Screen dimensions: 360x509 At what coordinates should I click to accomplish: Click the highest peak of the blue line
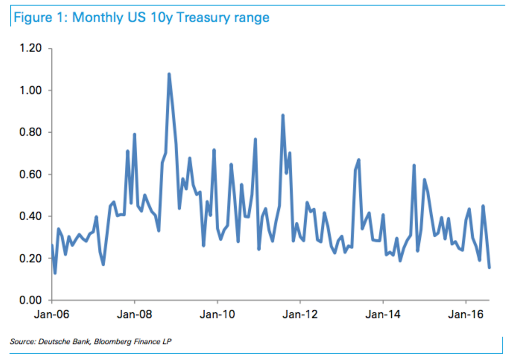point(169,74)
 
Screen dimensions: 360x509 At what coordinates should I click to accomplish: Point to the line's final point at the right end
point(490,268)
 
